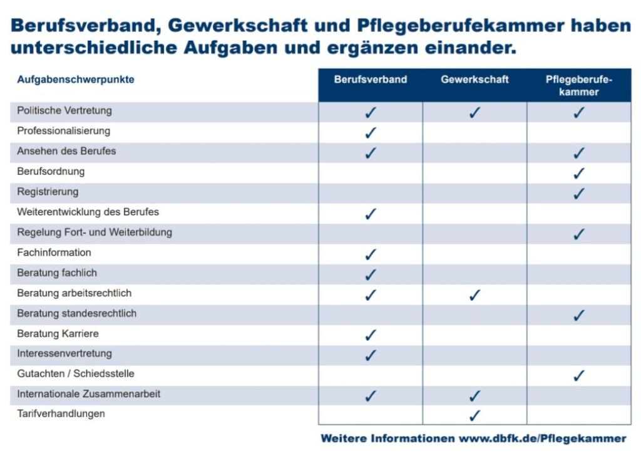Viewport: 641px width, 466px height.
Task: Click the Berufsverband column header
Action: (370, 80)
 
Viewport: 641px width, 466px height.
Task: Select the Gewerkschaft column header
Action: (474, 80)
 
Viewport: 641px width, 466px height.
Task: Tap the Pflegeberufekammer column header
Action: (579, 86)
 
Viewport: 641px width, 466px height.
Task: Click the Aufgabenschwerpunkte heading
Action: (76, 80)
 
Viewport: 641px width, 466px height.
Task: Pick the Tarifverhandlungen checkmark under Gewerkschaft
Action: (474, 415)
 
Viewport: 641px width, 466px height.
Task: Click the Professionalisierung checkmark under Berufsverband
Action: (371, 132)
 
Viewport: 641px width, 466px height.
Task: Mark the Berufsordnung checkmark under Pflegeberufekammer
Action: (579, 173)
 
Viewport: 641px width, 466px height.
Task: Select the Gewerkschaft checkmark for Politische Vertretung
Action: (474, 112)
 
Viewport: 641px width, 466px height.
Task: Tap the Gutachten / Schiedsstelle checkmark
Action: (579, 375)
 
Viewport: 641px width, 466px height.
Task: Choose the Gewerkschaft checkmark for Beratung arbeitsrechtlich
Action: (474, 294)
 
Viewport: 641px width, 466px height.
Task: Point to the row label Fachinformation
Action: (54, 252)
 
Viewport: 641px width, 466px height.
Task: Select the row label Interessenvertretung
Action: (64, 353)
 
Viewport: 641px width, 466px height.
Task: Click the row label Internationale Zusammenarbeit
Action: (89, 394)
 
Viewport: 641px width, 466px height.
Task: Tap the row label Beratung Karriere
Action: (58, 333)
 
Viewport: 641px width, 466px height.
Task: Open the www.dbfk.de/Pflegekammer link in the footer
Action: (542, 438)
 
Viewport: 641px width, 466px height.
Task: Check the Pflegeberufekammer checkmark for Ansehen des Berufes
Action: (579, 153)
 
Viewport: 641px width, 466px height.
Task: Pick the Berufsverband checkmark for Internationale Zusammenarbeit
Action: (371, 395)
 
